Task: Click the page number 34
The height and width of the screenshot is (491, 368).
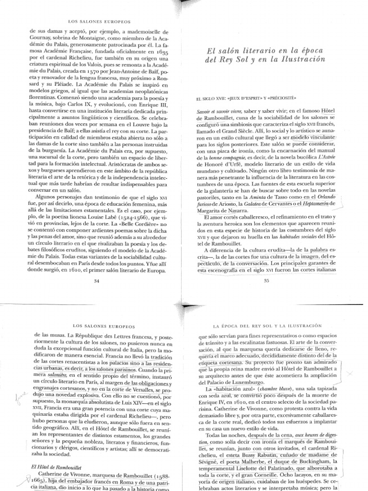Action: pos(97,281)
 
